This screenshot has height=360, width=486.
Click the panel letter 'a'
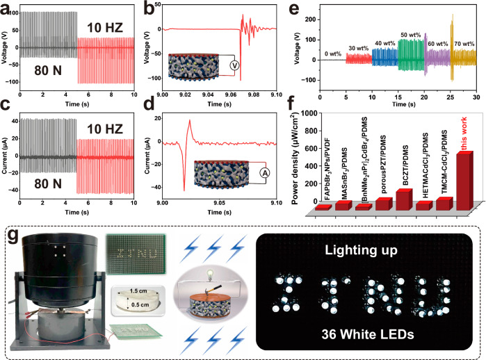coord(6,7)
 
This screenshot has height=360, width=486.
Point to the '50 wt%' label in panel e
coord(408,34)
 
